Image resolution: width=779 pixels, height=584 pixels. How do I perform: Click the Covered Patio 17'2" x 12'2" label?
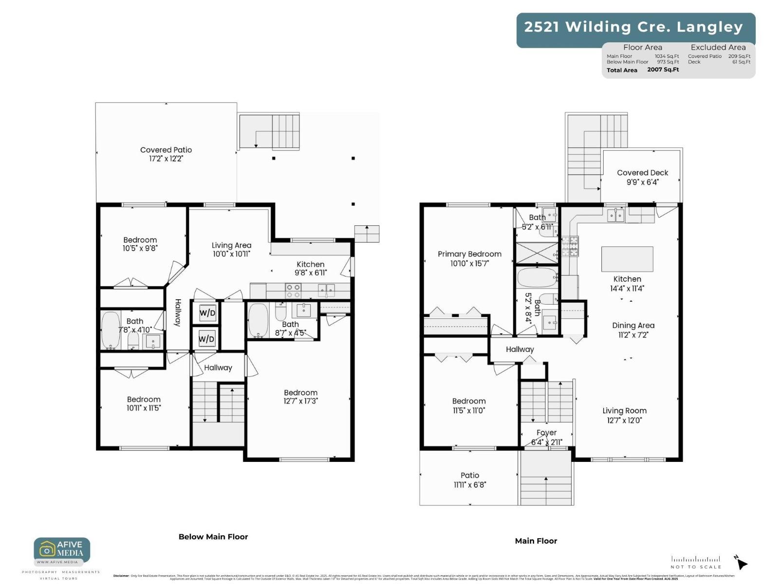click(166, 154)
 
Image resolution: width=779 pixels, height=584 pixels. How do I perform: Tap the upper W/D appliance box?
click(207, 313)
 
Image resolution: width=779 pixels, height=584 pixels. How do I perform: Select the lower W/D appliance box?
click(206, 339)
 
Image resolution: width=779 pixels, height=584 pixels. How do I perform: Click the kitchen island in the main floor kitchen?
click(627, 259)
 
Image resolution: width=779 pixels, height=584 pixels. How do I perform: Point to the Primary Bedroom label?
click(469, 258)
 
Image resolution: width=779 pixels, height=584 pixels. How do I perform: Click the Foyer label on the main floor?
click(546, 433)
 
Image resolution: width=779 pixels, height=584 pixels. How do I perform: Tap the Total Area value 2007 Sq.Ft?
click(663, 70)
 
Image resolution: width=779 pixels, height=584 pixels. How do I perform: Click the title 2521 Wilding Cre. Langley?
click(633, 27)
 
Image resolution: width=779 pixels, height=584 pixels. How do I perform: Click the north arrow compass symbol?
click(741, 563)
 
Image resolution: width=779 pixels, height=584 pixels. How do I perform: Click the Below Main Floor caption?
click(213, 537)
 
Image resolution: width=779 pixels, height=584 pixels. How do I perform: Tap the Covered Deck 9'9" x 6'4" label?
click(642, 177)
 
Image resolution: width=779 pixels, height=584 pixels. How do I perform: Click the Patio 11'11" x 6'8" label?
click(470, 480)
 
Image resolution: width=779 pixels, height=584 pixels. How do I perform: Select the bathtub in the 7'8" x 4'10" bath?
click(111, 330)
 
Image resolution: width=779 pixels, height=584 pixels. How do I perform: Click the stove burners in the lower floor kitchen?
click(293, 291)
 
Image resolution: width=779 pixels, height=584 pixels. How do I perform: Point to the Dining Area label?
click(633, 329)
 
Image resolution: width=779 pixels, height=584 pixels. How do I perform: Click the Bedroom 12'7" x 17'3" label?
click(300, 397)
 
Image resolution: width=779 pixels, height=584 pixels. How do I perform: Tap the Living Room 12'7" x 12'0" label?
click(624, 415)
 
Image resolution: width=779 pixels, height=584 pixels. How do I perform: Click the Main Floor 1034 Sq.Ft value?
click(667, 56)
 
